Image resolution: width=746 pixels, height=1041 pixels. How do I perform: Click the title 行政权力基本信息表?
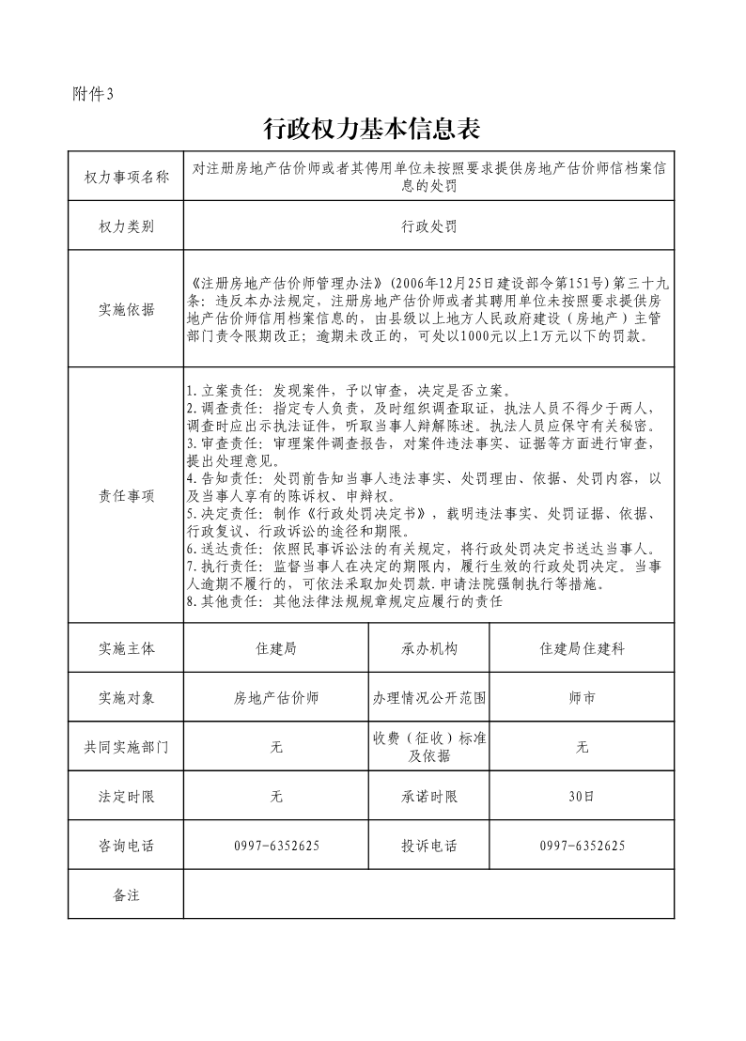click(372, 128)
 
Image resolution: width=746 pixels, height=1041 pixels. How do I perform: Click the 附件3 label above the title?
click(92, 93)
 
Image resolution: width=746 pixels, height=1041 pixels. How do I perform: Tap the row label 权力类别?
click(126, 227)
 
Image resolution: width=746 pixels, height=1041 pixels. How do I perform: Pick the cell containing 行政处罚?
click(428, 227)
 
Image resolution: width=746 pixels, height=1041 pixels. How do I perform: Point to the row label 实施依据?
click(126, 311)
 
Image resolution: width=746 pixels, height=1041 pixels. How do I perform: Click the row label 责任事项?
click(126, 495)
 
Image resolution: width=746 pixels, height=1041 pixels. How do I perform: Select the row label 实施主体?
click(126, 649)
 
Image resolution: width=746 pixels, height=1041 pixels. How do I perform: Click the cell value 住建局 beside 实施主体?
click(276, 649)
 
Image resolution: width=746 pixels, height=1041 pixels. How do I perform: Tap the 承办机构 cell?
click(429, 649)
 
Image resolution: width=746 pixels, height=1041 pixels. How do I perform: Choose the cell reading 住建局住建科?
click(582, 649)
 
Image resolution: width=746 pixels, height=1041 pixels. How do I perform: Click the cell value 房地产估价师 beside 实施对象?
click(276, 699)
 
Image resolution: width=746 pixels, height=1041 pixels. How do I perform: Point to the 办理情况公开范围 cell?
click(429, 699)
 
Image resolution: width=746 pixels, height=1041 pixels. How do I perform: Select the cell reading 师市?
click(582, 699)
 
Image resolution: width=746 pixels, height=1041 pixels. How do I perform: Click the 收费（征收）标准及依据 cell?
click(429, 748)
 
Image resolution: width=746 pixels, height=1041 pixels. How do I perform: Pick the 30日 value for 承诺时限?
click(582, 797)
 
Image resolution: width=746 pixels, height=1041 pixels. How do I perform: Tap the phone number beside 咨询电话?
click(276, 846)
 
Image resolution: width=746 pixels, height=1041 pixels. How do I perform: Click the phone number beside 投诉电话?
click(582, 846)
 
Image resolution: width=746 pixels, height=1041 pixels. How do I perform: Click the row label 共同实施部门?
click(126, 748)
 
